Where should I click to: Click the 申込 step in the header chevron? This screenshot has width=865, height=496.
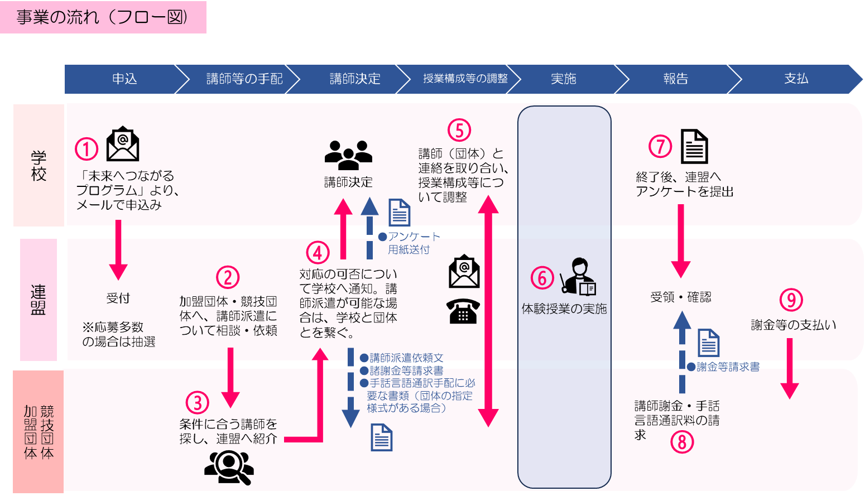(x=124, y=79)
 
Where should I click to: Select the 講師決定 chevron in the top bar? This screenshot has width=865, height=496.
(x=355, y=79)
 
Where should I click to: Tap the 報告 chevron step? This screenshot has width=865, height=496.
(x=675, y=79)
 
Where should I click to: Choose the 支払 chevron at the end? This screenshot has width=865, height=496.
(x=796, y=79)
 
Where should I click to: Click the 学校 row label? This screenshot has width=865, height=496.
(x=39, y=166)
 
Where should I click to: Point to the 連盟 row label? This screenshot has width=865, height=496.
(x=39, y=300)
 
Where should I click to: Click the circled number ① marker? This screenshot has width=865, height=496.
(x=86, y=149)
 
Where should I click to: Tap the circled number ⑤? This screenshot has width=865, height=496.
(x=459, y=131)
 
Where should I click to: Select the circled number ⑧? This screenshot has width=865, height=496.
(x=681, y=442)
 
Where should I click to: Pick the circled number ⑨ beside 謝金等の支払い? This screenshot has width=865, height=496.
(x=791, y=300)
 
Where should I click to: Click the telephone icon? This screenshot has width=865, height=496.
(x=463, y=311)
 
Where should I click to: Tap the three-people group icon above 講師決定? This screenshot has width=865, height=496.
(x=348, y=155)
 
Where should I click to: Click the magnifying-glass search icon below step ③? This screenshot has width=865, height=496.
(x=229, y=466)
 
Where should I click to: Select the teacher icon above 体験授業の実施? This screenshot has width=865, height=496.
(x=578, y=277)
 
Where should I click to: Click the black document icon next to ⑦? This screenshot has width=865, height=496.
(x=694, y=146)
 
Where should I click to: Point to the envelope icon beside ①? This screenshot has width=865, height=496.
(x=123, y=144)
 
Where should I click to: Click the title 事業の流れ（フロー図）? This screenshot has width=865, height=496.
(x=103, y=17)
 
